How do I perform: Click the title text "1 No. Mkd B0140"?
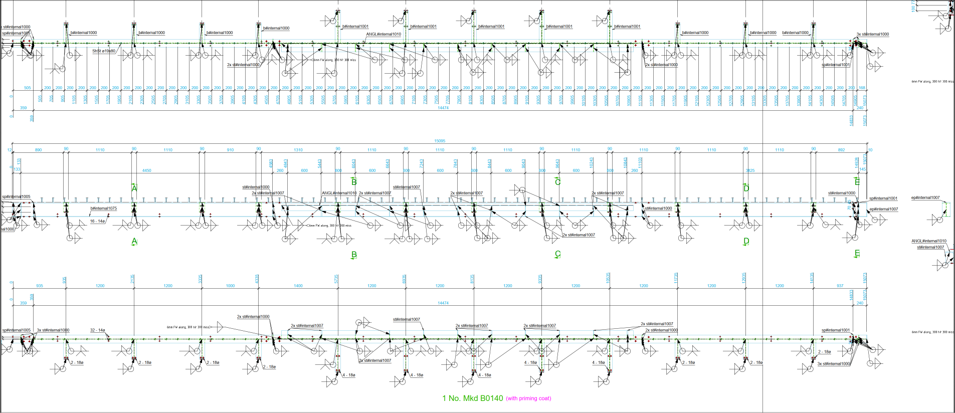click(472, 398)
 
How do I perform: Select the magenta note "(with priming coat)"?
click(528, 399)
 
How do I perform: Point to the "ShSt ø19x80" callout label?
click(104, 51)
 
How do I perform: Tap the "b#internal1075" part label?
click(104, 209)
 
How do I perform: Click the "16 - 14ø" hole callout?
click(97, 221)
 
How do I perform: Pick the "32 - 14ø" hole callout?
click(97, 330)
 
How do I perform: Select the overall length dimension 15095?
click(440, 141)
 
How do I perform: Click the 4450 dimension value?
click(146, 171)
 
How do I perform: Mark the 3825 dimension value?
click(750, 171)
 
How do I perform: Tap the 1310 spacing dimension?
click(298, 150)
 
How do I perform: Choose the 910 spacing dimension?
click(230, 150)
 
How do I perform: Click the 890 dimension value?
click(39, 150)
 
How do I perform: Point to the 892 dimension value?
click(841, 150)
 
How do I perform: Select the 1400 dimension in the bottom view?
click(298, 286)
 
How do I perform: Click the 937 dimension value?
click(840, 286)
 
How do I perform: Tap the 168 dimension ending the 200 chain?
click(862, 88)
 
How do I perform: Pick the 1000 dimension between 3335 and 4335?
click(230, 286)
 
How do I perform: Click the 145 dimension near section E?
click(862, 170)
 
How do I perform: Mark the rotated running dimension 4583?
click(271, 164)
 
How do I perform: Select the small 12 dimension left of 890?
click(10, 150)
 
